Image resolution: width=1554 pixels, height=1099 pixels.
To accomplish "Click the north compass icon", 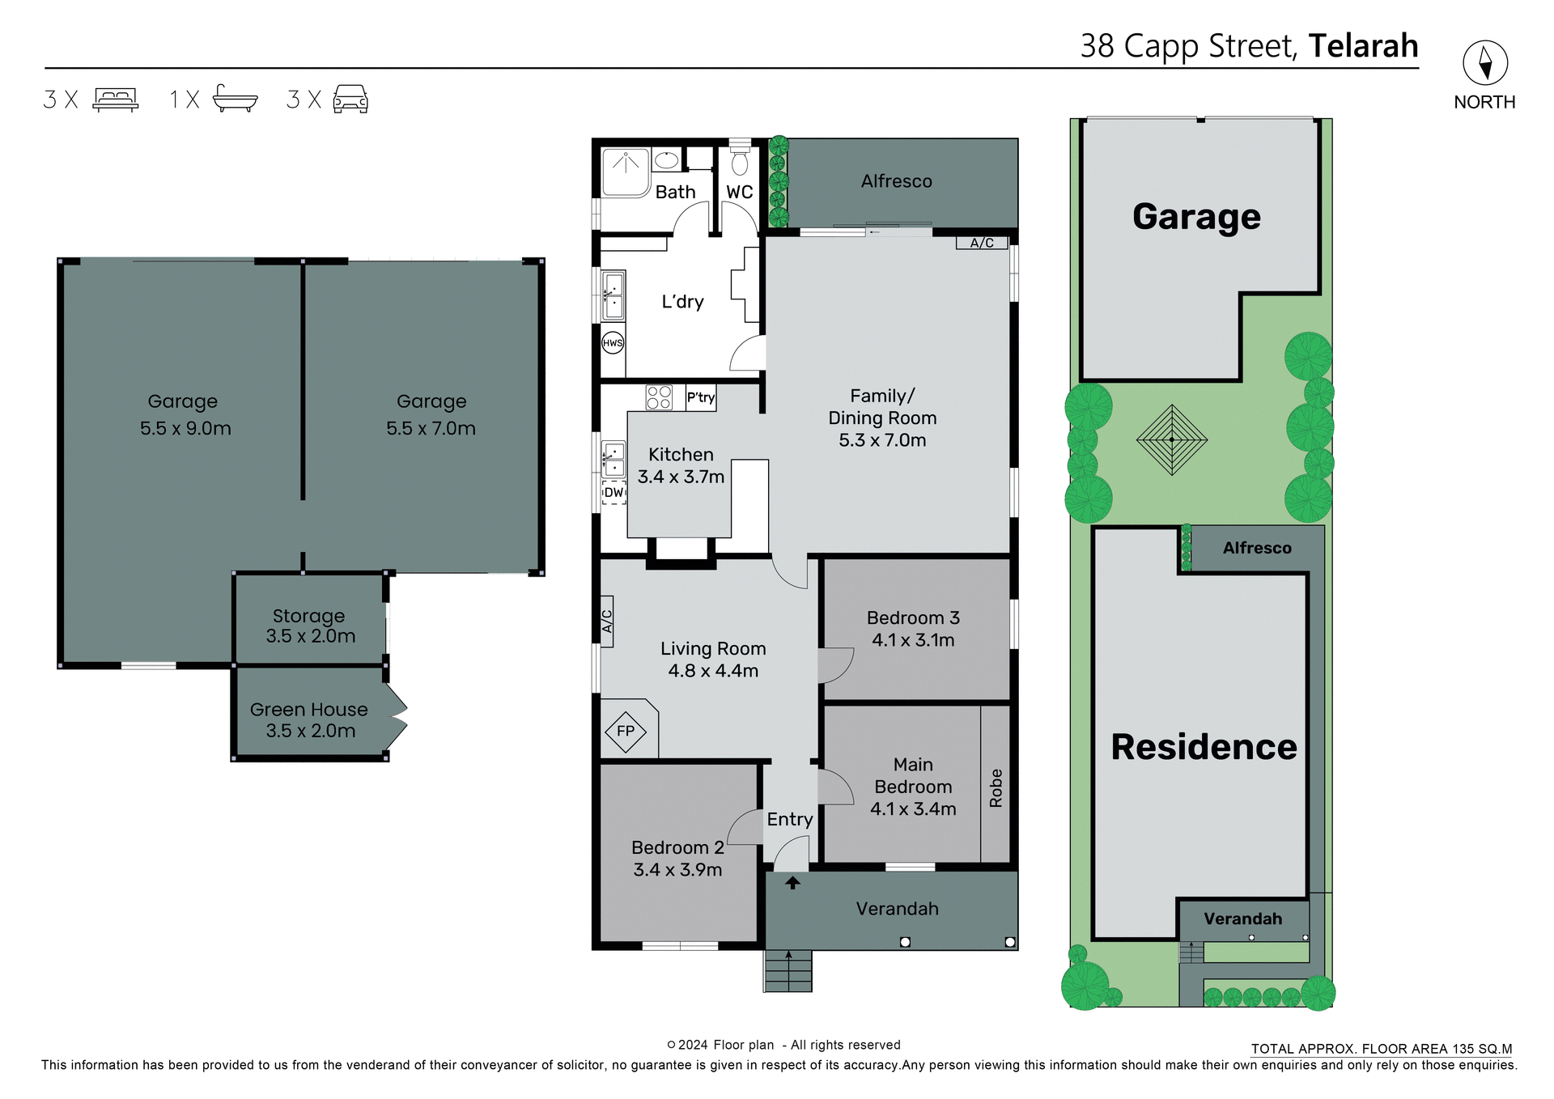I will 1484,62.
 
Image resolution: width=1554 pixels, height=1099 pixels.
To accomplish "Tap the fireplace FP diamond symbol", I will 626,732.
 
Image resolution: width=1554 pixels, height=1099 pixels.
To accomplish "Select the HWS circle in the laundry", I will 613,343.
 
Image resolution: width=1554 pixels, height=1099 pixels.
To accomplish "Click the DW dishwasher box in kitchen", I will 614,492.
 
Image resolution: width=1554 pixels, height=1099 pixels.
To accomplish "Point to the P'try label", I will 701,397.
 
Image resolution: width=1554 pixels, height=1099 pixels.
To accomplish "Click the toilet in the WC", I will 740,162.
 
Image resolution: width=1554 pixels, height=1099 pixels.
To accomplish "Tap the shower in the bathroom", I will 626,172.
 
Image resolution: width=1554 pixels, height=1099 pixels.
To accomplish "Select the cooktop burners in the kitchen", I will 659,397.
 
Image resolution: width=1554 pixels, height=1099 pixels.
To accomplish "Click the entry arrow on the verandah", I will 792,884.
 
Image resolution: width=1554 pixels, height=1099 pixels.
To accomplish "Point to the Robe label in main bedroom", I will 996,787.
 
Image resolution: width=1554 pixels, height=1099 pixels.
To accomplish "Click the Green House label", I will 308,710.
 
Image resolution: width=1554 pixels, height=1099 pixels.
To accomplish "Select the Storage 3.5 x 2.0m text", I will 310,626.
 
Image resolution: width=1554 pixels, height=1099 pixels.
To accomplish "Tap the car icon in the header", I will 350,99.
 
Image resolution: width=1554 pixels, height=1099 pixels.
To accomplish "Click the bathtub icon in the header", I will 235,99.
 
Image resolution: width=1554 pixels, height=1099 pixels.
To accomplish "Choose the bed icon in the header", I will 116,99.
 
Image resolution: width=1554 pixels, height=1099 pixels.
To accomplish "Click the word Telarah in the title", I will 1363,46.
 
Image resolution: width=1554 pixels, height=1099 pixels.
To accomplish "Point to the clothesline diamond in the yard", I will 1171,440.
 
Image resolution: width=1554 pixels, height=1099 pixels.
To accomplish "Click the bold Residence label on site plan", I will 1203,747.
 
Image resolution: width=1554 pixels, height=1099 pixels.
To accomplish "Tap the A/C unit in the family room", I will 982,243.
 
